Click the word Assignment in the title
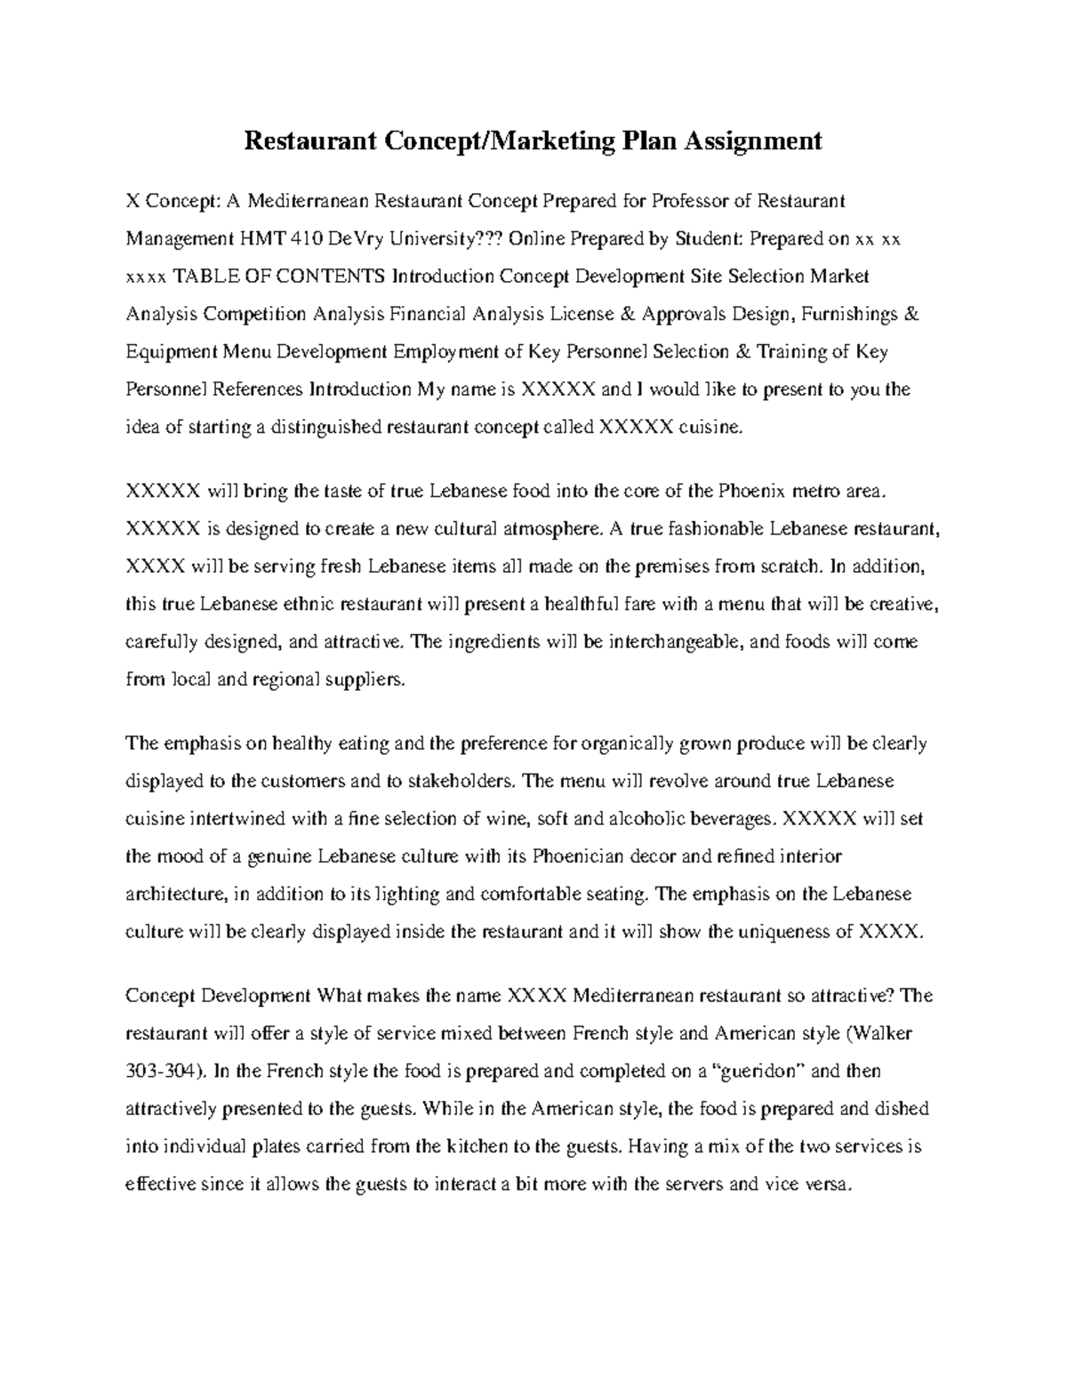pyautogui.click(x=752, y=141)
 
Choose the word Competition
pyautogui.click(x=253, y=314)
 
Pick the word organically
pyautogui.click(x=622, y=743)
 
